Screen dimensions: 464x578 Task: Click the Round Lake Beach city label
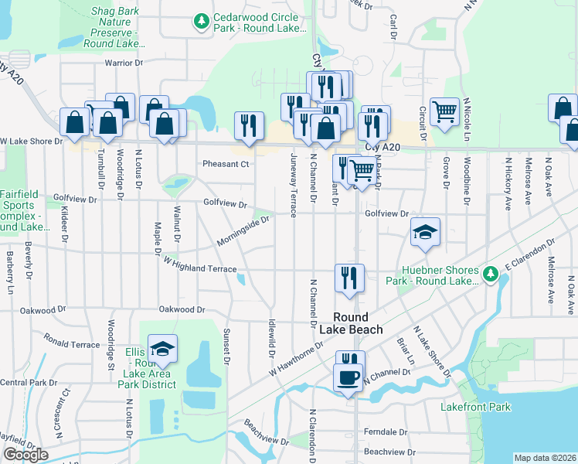click(x=358, y=323)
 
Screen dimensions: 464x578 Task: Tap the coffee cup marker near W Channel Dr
click(x=348, y=379)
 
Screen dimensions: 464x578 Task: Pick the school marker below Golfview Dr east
click(x=424, y=233)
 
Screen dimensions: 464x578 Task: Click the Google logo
click(x=25, y=455)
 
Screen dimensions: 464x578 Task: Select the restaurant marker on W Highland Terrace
click(x=349, y=278)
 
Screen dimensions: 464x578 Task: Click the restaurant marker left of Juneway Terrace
click(x=249, y=126)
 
